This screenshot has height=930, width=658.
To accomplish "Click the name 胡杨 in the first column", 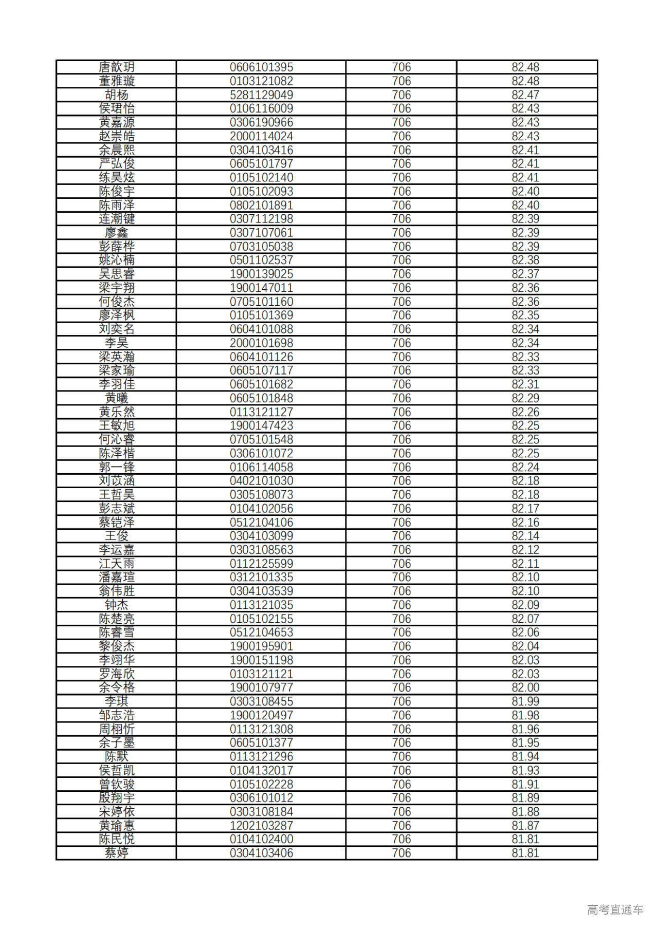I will coord(117,95).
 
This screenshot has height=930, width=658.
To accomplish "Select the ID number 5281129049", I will coord(261,95).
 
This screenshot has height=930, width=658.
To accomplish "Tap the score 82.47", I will coord(525,95).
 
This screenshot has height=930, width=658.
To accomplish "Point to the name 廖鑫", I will coord(117,233).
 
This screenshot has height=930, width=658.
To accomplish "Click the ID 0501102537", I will coord(261,261).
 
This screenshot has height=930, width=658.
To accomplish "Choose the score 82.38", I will coord(525,261).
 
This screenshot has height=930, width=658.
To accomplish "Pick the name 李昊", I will coord(117,343).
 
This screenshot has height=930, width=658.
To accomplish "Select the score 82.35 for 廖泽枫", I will coord(525,315).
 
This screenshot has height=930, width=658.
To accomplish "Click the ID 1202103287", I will coord(261,826).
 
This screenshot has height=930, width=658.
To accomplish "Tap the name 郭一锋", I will coord(117,467).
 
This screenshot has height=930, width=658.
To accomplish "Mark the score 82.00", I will coord(525,687).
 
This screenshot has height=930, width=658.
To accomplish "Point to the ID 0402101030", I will coord(261,481).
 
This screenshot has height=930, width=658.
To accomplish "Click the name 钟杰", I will coord(117,605).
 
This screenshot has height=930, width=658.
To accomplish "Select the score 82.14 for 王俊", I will coord(525,536).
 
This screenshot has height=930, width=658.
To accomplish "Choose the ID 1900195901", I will coord(261,646).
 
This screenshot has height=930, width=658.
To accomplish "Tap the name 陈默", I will coord(117,756).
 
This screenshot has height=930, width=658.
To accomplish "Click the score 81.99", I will coord(525,701).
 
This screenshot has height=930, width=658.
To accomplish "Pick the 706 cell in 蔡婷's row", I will coord(401,853).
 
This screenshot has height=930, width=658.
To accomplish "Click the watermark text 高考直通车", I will coord(615,909).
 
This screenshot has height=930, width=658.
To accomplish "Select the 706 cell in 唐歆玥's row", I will coord(401,67).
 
